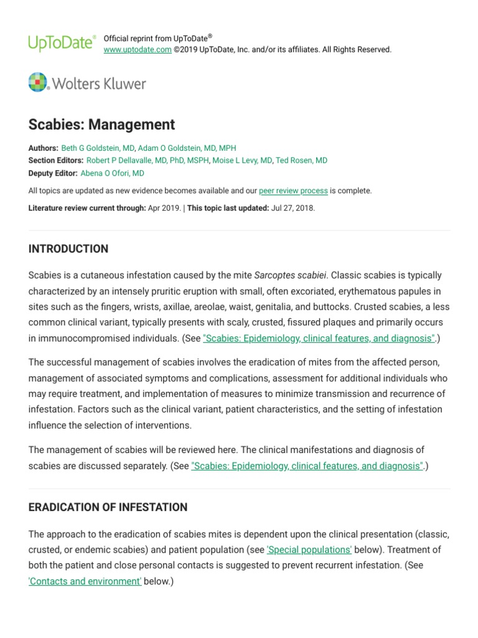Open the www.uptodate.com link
(x=137, y=50)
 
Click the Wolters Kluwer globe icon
(x=38, y=82)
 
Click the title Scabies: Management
(x=101, y=124)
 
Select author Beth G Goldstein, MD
(x=98, y=148)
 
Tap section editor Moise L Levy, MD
(x=242, y=161)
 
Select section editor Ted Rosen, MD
(x=302, y=161)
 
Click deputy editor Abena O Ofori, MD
(x=112, y=173)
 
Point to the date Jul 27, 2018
(x=293, y=208)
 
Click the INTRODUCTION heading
(x=68, y=249)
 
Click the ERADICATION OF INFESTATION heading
(x=108, y=507)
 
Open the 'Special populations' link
(x=309, y=550)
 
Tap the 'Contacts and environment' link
(x=85, y=582)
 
